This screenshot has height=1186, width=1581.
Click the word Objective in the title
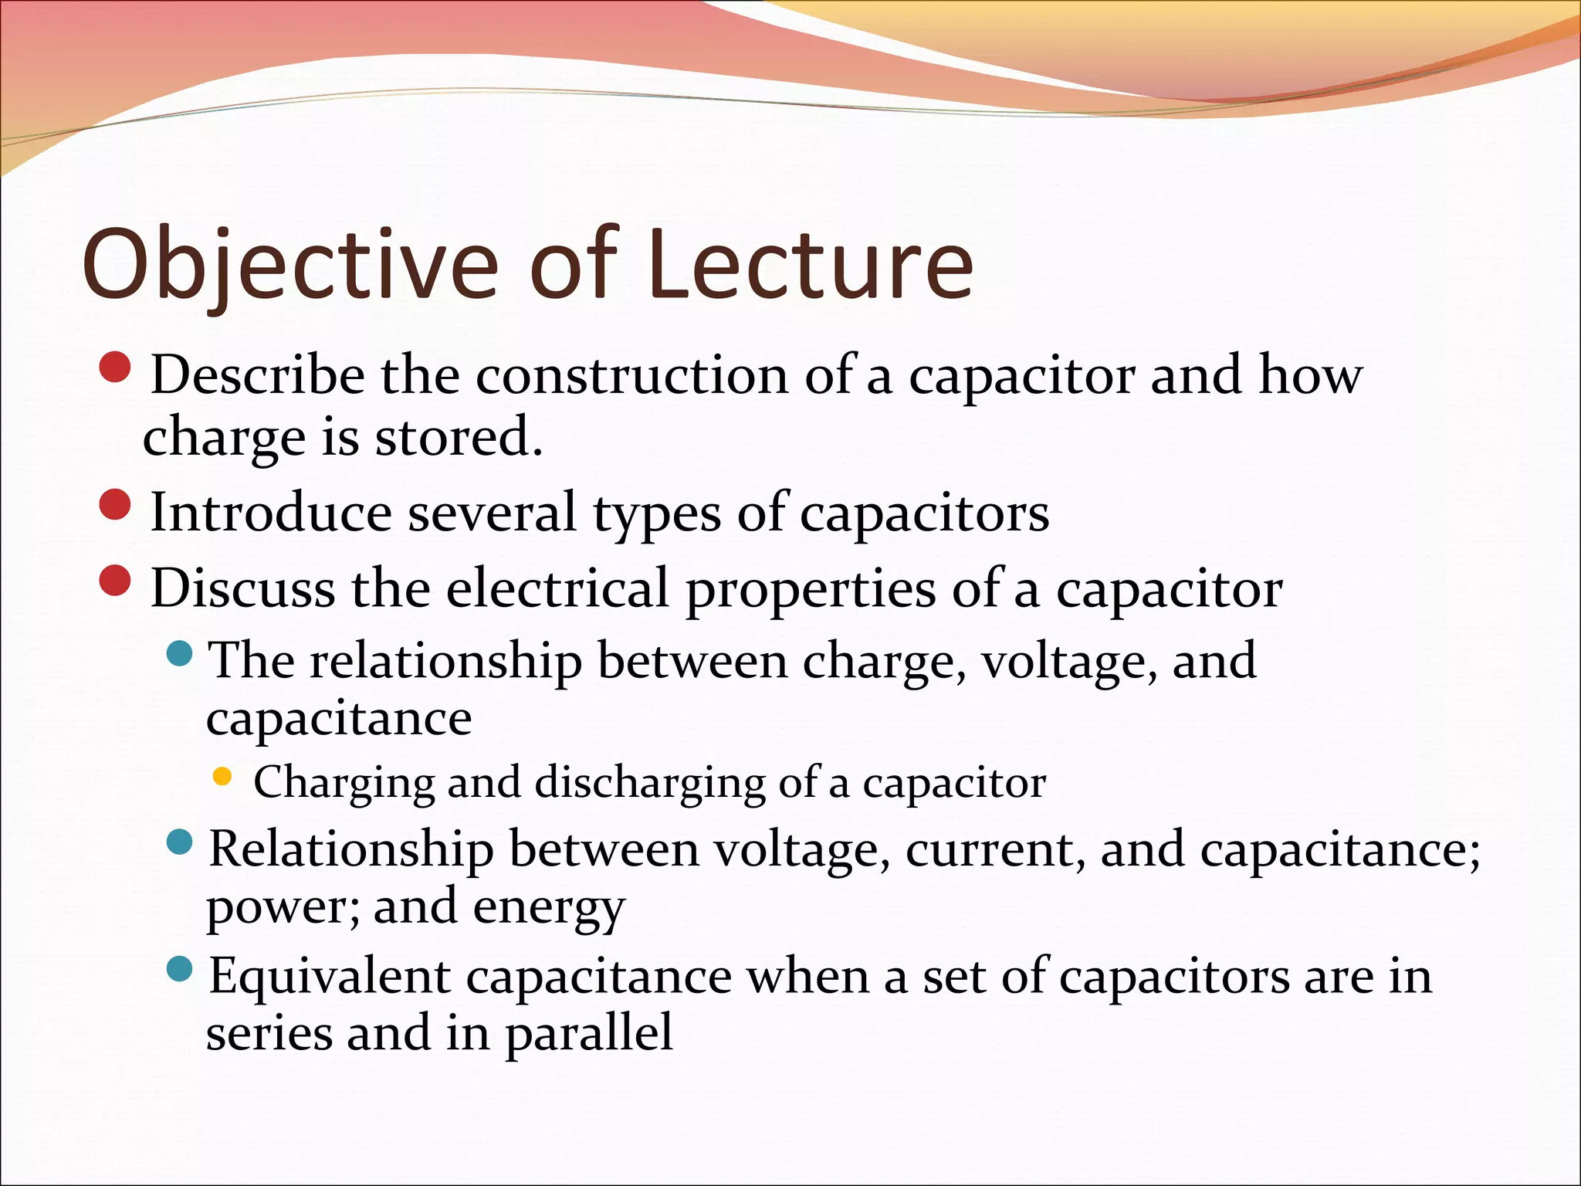pyautogui.click(x=290, y=264)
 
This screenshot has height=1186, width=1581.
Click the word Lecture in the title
pyautogui.click(x=810, y=264)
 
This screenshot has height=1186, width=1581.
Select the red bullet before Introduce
pyautogui.click(x=116, y=505)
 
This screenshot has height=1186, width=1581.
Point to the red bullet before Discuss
pyautogui.click(x=116, y=581)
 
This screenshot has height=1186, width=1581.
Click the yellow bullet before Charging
pyautogui.click(x=222, y=777)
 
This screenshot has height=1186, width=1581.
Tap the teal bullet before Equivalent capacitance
pyautogui.click(x=179, y=968)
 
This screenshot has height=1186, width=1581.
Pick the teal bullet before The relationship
pyautogui.click(x=179, y=653)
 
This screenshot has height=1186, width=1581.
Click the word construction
pyautogui.click(x=631, y=375)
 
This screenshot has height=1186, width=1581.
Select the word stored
pyautogui.click(x=459, y=437)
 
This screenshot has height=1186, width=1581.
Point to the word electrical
pyautogui.click(x=557, y=588)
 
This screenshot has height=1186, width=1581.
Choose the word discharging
pyautogui.click(x=650, y=783)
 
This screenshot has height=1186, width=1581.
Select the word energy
pyautogui.click(x=549, y=908)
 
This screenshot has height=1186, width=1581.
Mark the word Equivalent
pyautogui.click(x=330, y=976)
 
